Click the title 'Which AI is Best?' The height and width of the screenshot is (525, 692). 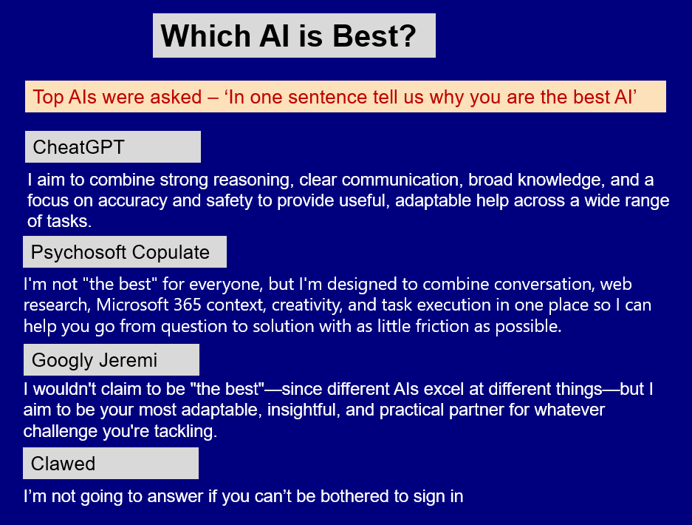pyautogui.click(x=289, y=35)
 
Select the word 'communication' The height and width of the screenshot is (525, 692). pyautogui.click(x=400, y=180)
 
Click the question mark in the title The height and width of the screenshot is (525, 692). pyautogui.click(x=408, y=35)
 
